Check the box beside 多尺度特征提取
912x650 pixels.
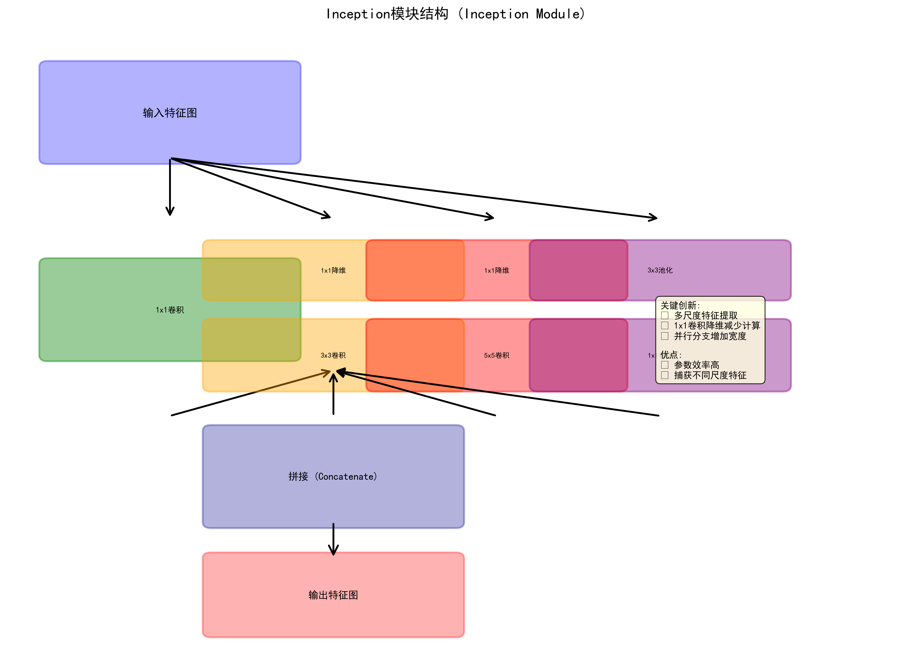tap(665, 315)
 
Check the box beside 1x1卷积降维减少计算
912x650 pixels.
tap(665, 325)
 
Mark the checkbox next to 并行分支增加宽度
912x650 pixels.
tap(665, 336)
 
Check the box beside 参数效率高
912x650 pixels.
tap(665, 365)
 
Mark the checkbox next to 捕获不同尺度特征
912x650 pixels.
tap(665, 375)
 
